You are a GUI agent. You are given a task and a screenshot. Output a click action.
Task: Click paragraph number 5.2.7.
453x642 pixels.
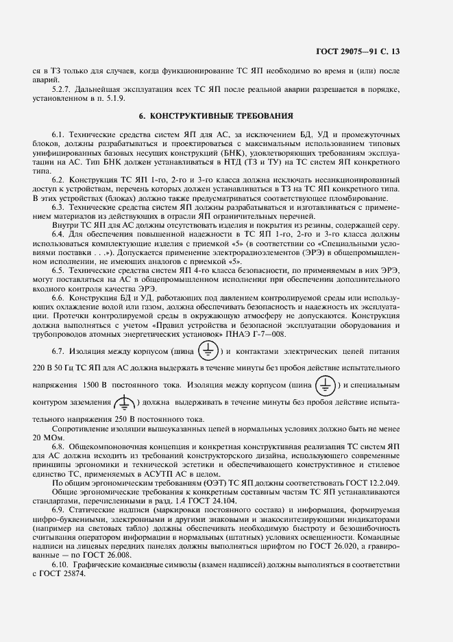coord(63,89)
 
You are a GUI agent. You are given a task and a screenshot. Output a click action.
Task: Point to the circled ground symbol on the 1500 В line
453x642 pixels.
coord(327,382)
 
